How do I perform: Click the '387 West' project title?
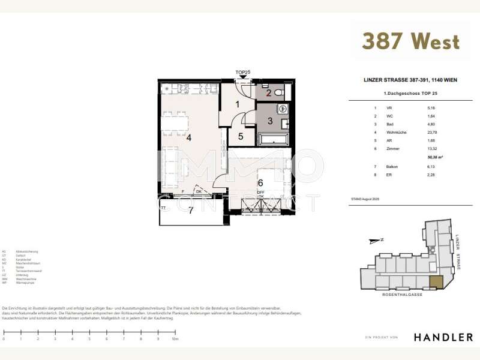pyautogui.click(x=410, y=41)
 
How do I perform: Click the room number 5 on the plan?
pyautogui.click(x=241, y=136)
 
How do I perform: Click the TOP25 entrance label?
pyautogui.click(x=242, y=73)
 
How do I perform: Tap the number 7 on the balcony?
pyautogui.click(x=191, y=210)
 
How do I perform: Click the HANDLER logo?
pyautogui.click(x=443, y=337)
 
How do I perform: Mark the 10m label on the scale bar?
pyautogui.click(x=175, y=339)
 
